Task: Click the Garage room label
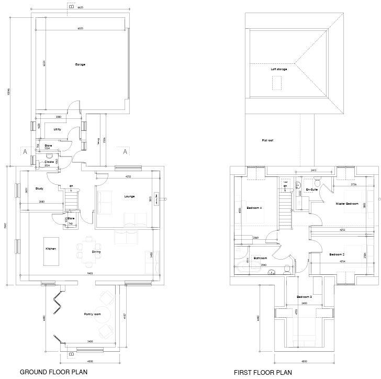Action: [80, 64]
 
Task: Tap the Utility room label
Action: [58, 129]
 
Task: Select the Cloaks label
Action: [49, 162]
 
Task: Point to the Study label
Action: [39, 188]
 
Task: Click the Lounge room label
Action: [129, 196]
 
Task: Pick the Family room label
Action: [92, 314]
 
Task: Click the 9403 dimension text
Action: [90, 273]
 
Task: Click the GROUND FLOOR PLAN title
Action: [50, 372]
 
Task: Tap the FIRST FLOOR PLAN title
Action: [263, 372]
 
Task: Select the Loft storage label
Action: [278, 69]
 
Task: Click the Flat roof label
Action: [267, 140]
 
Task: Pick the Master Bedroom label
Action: [347, 203]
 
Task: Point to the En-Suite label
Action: [312, 189]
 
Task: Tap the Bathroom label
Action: [260, 258]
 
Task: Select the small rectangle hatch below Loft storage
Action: [277, 82]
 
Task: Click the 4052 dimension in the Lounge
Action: [128, 176]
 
